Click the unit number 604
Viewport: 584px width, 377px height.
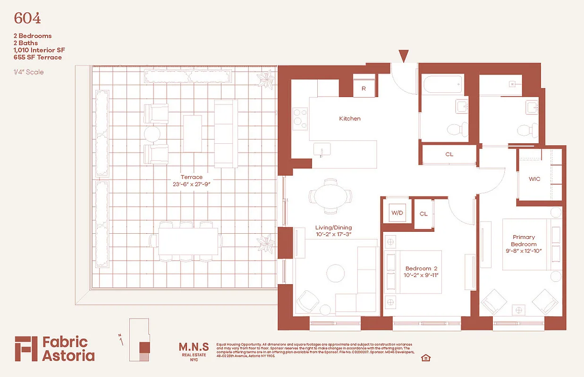(27, 18)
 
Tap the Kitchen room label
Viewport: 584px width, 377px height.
(350, 119)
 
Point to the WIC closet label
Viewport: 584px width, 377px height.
(534, 179)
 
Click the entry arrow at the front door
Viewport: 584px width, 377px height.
(403, 56)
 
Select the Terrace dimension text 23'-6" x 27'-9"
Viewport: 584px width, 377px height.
(191, 185)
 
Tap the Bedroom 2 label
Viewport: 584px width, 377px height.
(419, 268)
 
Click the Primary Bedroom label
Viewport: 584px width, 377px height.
(524, 241)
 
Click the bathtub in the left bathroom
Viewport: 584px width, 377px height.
(441, 85)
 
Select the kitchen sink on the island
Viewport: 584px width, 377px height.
(322, 150)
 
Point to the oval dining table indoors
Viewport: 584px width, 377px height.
(330, 196)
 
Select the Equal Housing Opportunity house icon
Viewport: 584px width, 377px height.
(426, 358)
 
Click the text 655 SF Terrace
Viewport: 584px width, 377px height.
(38, 57)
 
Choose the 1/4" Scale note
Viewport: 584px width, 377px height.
(29, 72)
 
